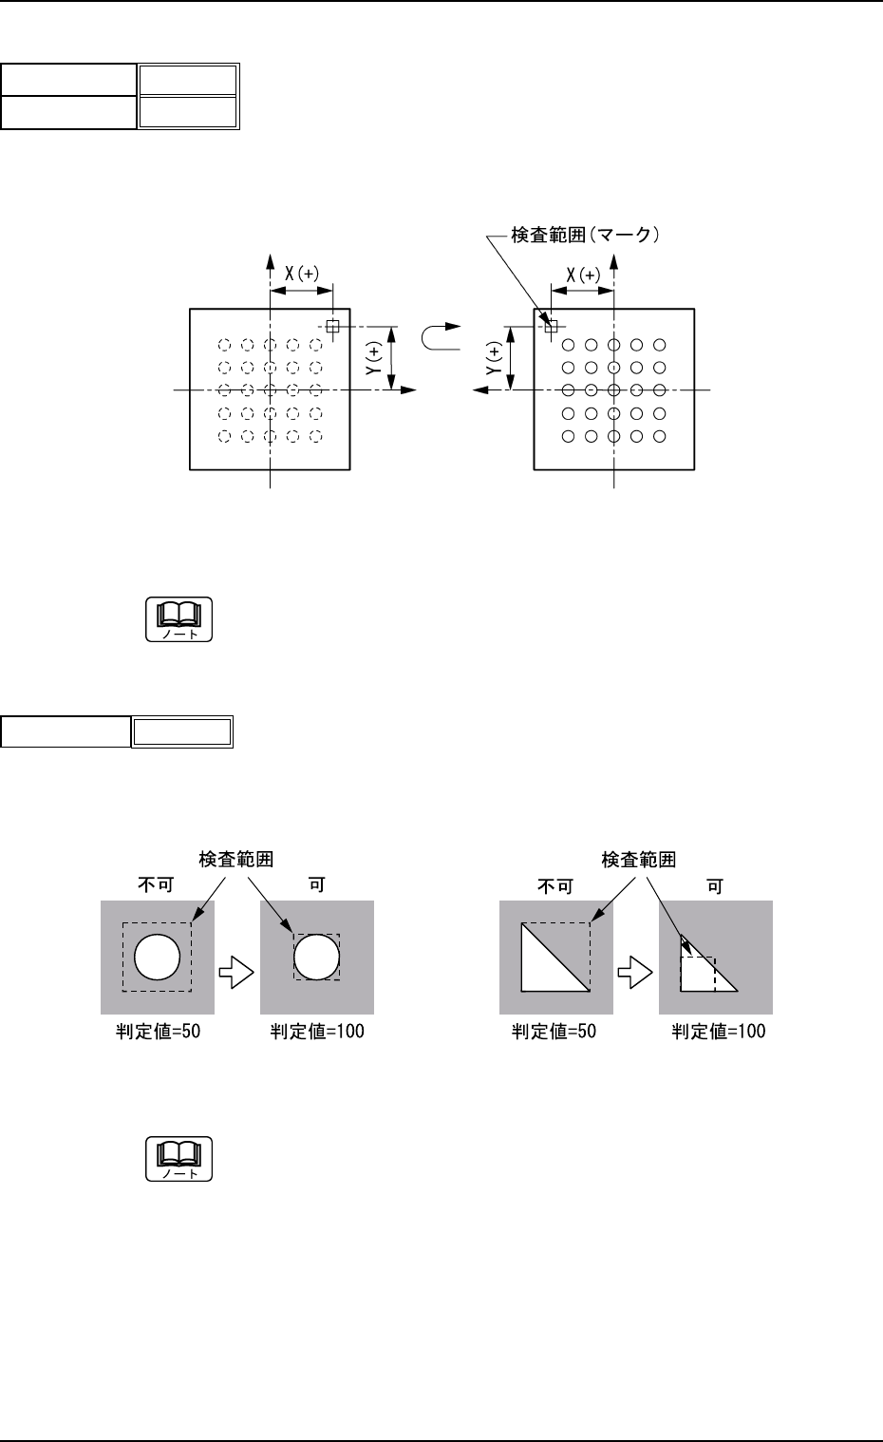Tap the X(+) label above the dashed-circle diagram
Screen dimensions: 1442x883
point(303,274)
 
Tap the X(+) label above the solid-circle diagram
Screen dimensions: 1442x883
point(583,275)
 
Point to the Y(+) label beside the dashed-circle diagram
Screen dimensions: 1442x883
point(374,356)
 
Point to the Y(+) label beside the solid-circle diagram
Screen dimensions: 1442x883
point(494,357)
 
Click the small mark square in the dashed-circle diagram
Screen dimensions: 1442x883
point(332,326)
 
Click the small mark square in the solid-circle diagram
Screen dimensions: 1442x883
point(551,326)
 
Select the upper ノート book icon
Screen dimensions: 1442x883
point(179,619)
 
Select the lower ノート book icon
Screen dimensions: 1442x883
point(179,1159)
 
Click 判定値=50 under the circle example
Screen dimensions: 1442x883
point(157,1032)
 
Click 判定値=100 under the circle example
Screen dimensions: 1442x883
point(317,1032)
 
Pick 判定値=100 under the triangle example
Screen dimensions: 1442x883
point(719,1032)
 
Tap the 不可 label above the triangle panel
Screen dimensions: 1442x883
point(555,886)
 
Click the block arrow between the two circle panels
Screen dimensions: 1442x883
point(237,971)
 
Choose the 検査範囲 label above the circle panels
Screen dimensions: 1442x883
point(236,860)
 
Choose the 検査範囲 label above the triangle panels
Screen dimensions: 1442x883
point(639,860)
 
